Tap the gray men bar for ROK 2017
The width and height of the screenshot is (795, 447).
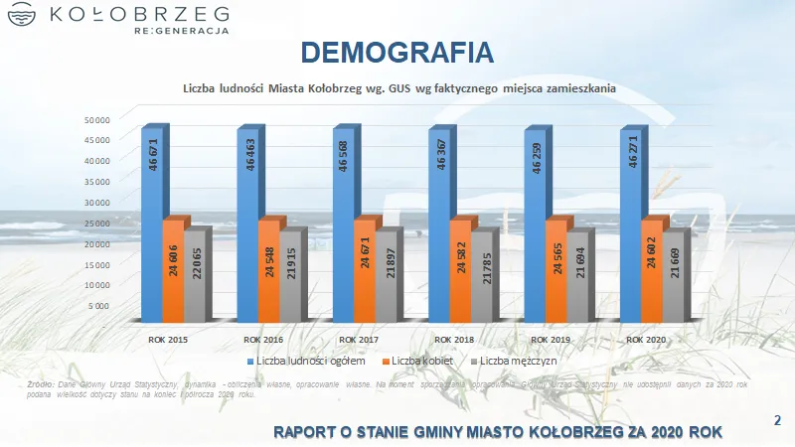click(x=386, y=278)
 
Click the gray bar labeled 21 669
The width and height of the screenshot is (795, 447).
click(x=675, y=278)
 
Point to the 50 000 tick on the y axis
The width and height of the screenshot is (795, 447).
click(x=95, y=120)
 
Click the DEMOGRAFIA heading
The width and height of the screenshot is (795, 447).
click(x=397, y=52)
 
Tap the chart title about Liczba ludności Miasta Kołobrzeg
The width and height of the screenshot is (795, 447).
click(x=399, y=88)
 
